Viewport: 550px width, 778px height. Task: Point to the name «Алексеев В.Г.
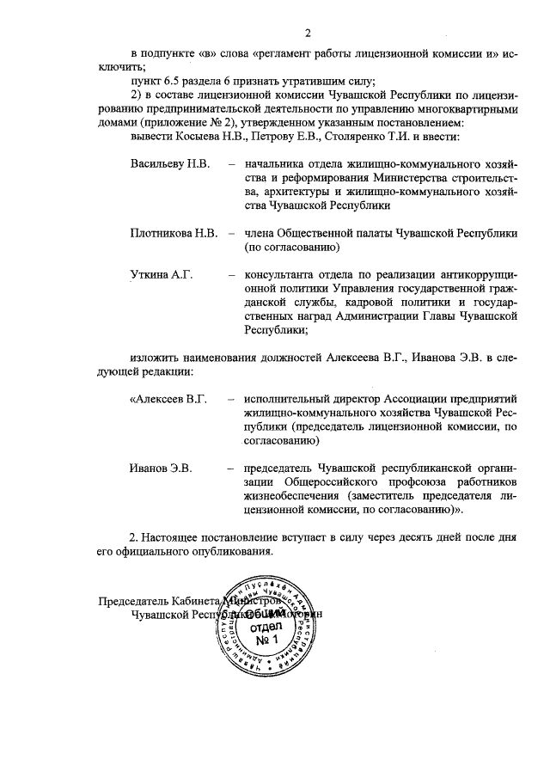coord(169,400)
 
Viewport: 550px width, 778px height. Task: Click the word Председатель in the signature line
coord(131,602)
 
